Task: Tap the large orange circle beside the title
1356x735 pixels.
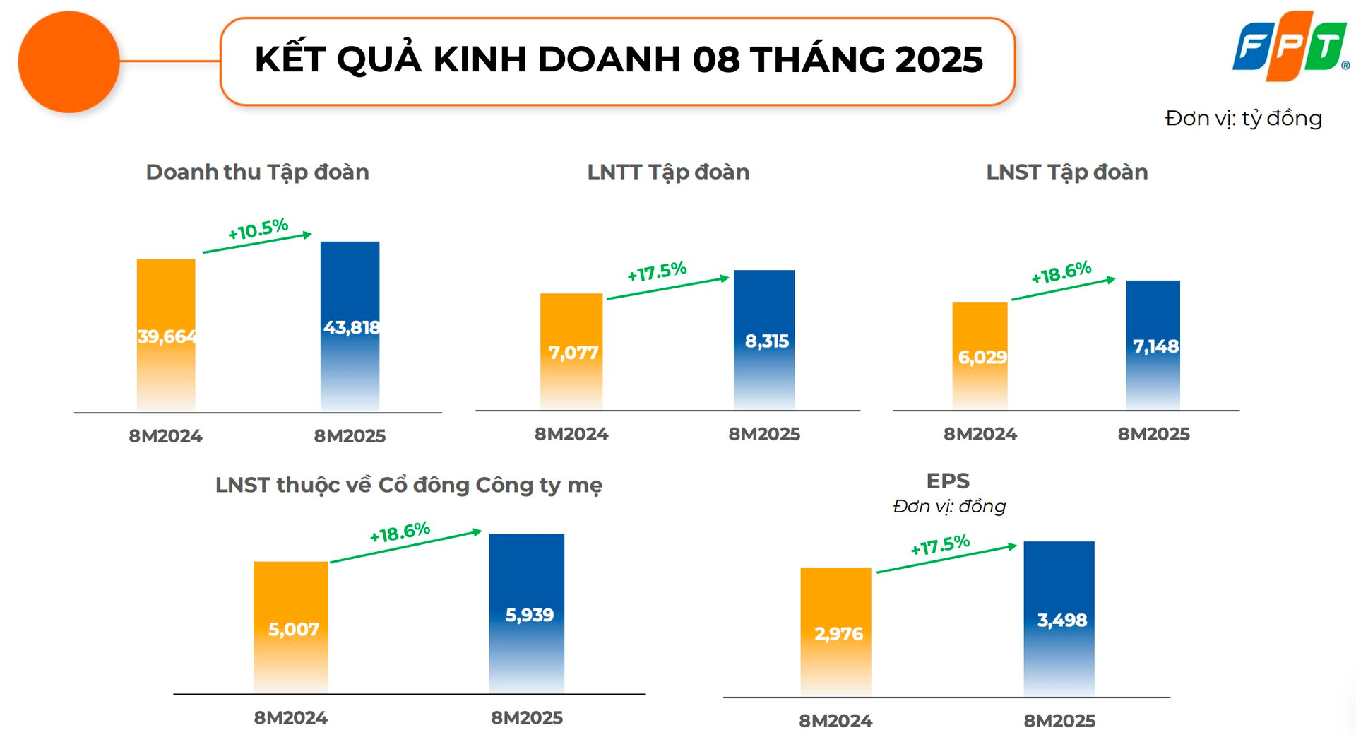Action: pos(69,62)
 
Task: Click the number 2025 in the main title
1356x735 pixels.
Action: pos(939,59)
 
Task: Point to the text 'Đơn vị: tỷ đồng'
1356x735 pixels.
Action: pos(1243,118)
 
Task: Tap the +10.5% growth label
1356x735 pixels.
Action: pos(258,229)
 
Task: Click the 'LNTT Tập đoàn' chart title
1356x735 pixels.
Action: pos(668,172)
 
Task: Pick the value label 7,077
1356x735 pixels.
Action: pos(573,352)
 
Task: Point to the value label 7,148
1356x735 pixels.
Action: pos(1155,346)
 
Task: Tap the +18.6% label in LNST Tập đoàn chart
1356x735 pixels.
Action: pos(1061,272)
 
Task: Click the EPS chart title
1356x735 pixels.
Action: pos(948,481)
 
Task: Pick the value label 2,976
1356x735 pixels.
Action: pos(838,633)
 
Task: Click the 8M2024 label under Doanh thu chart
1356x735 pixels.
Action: pos(165,436)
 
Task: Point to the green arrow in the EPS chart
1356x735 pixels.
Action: pos(946,558)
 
